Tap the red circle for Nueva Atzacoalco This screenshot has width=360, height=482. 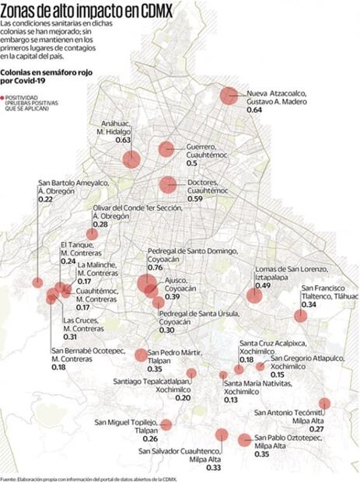click(x=229, y=96)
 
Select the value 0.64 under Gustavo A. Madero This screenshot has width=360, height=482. click(x=254, y=111)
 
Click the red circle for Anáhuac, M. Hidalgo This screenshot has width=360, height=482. click(x=131, y=159)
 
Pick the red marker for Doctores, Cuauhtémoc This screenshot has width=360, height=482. click(x=167, y=185)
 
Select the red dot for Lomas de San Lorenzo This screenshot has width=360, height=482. click(x=254, y=295)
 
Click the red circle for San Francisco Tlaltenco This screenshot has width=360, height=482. click(x=300, y=316)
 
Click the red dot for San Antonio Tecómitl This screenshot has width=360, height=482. click(x=324, y=403)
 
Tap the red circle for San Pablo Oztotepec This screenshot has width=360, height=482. click(x=245, y=439)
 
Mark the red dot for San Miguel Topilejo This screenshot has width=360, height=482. click(x=166, y=424)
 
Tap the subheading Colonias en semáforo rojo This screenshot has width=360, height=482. click(x=43, y=75)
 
